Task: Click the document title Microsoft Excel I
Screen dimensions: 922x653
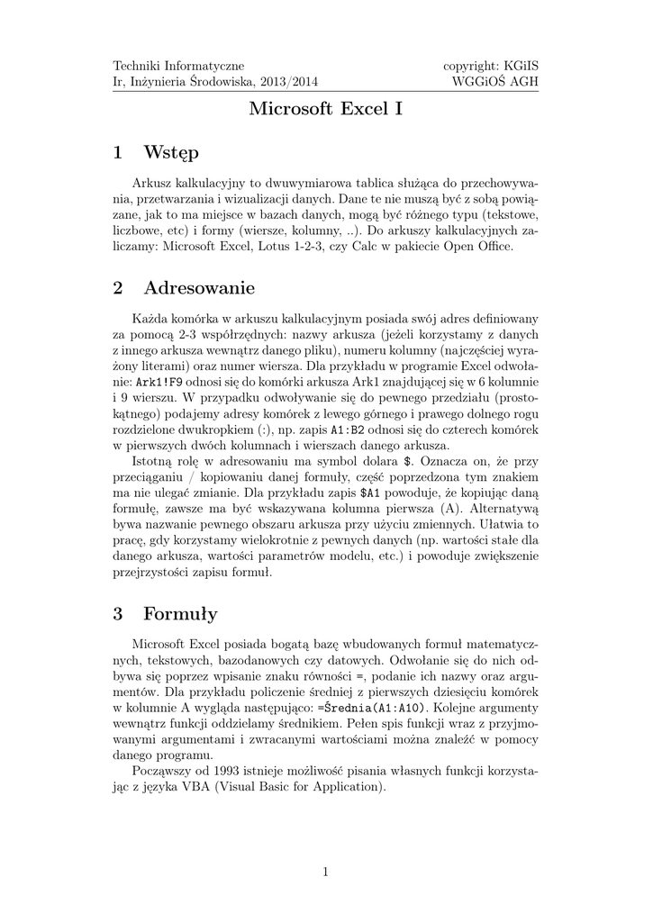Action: click(326, 111)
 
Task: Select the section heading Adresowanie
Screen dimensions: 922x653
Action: click(199, 288)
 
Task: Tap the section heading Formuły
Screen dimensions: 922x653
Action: click(180, 614)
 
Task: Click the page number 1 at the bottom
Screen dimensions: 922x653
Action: click(326, 871)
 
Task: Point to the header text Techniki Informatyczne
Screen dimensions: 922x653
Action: click(178, 66)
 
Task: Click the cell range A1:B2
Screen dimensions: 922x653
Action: click(349, 430)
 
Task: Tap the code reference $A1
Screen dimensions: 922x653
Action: click(370, 495)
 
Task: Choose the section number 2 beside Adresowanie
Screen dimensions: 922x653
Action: click(117, 288)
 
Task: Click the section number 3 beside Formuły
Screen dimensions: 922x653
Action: click(117, 614)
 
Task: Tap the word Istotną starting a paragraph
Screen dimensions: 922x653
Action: click(154, 463)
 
